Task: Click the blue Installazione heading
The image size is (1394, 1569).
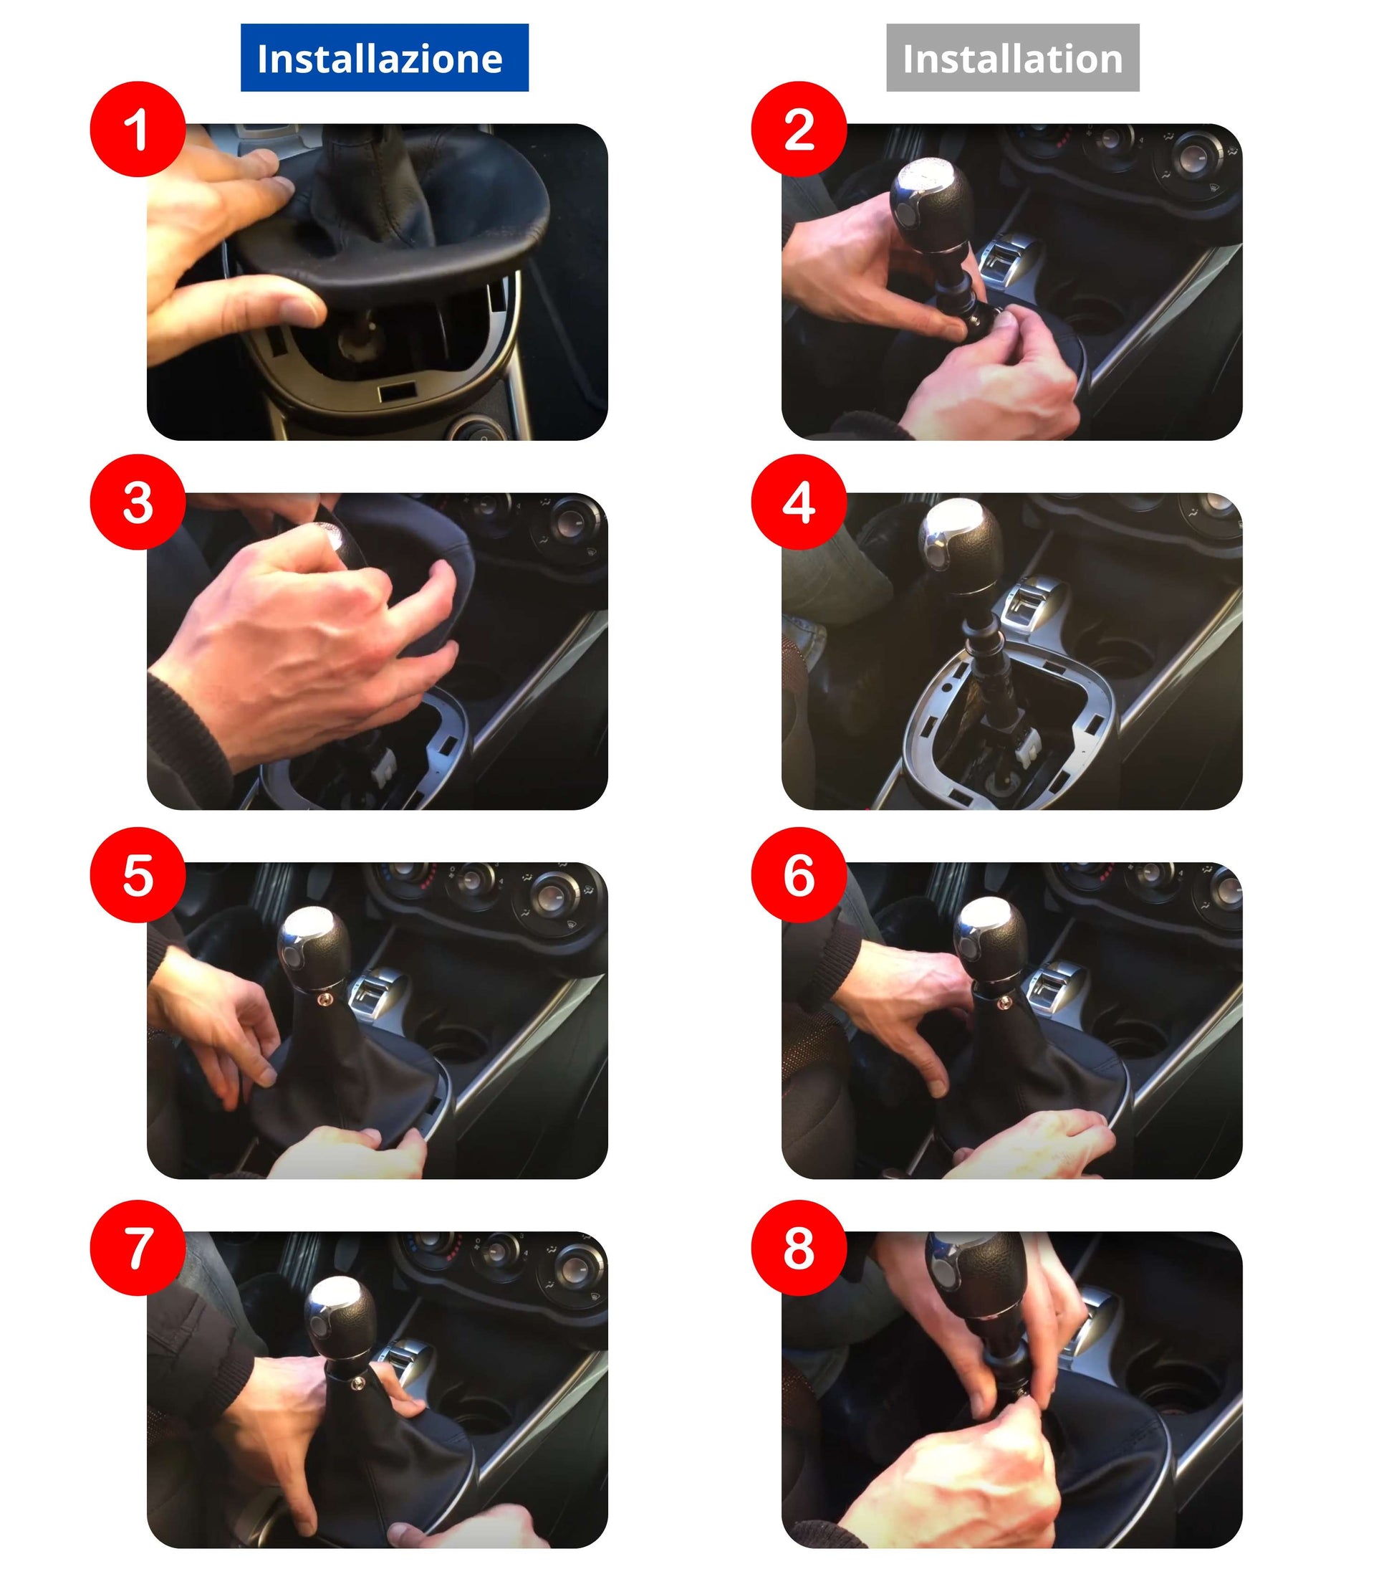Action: coord(385,58)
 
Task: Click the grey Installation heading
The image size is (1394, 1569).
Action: coord(1013,58)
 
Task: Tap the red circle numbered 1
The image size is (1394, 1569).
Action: coord(138,129)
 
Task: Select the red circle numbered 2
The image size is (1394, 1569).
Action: coord(799,129)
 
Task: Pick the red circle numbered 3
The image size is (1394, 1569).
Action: coord(138,502)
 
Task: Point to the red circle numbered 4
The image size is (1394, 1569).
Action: coord(799,502)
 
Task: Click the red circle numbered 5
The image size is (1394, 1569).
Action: coord(138,874)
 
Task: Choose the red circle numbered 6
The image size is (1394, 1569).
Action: coord(799,874)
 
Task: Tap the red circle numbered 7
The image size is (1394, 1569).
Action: coord(138,1248)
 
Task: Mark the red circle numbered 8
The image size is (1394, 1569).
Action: coord(799,1248)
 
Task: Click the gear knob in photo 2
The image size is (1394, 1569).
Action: coord(931,204)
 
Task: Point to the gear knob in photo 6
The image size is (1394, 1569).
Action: coord(990,940)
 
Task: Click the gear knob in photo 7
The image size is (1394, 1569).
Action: coord(341,1317)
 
